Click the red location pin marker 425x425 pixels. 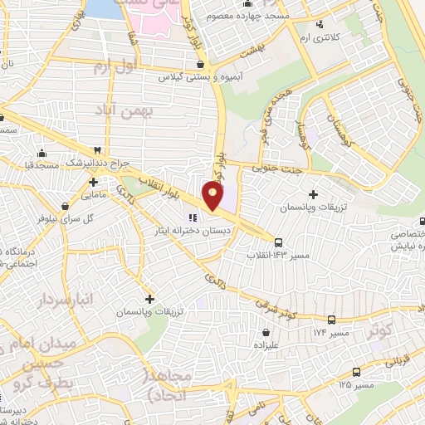pos(213,196)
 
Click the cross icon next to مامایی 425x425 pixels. pos(94,182)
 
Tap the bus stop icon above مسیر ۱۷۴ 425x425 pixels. pos(332,319)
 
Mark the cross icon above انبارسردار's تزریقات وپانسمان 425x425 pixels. pos(149,298)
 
